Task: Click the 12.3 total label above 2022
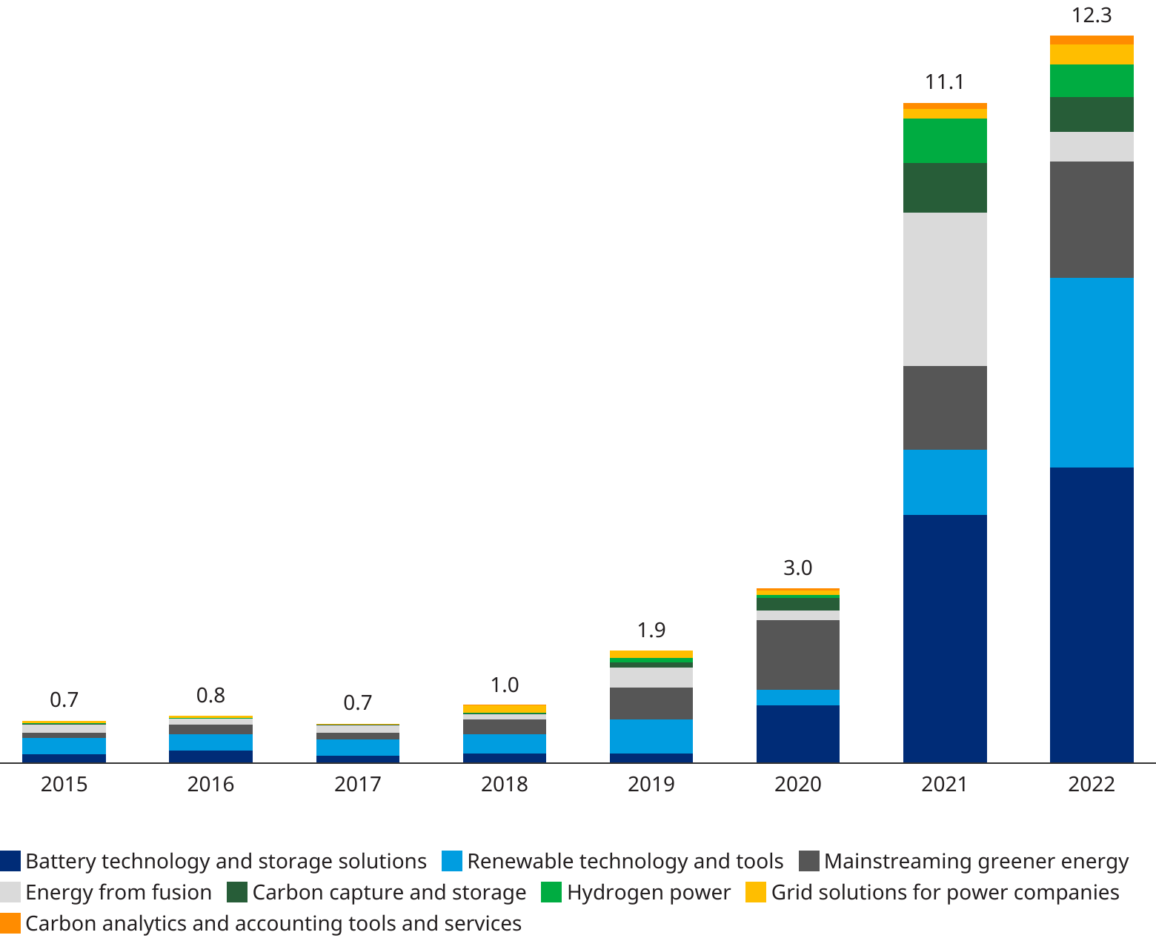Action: tap(1092, 15)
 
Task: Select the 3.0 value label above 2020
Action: tap(797, 568)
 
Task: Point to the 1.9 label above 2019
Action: tap(651, 631)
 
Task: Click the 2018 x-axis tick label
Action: tap(504, 784)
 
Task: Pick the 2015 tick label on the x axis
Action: tap(64, 784)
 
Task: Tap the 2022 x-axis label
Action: tap(1092, 784)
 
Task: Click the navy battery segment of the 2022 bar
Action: tap(1092, 615)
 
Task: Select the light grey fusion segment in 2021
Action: tap(945, 289)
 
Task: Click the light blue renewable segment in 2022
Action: tap(1092, 373)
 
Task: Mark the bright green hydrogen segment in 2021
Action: tap(945, 141)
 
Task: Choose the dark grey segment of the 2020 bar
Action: tap(797, 655)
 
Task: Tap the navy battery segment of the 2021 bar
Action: tap(945, 639)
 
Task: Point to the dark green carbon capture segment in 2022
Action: tap(1092, 114)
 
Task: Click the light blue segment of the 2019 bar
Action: tap(651, 736)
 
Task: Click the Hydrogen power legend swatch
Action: tap(551, 892)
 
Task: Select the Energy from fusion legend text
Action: tap(119, 892)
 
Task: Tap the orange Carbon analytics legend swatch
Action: tap(10, 923)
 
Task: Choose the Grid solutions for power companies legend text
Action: tap(945, 892)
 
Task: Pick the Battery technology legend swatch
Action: tap(10, 861)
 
